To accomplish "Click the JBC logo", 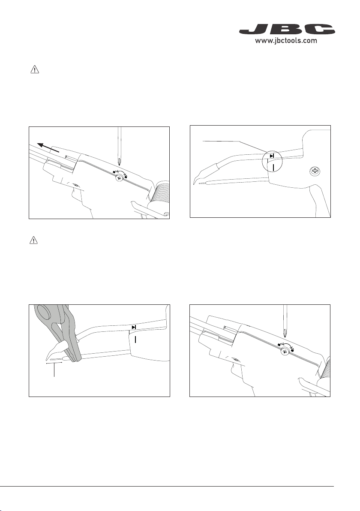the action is (x=287, y=29).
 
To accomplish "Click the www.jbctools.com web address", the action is (x=286, y=41).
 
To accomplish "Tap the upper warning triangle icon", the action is (x=35, y=69).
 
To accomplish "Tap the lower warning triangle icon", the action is (x=34, y=240).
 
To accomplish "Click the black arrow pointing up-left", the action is (x=48, y=147).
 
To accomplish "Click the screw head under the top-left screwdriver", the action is (x=119, y=178).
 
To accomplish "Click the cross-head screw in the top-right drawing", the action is (x=315, y=171).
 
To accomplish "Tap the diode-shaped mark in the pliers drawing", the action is (x=134, y=327).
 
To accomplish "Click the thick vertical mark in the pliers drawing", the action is (x=135, y=339).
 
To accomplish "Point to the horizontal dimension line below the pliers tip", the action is (x=54, y=362).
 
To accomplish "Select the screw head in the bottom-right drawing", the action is (x=285, y=351).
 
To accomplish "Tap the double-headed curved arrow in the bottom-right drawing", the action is (x=286, y=344).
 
